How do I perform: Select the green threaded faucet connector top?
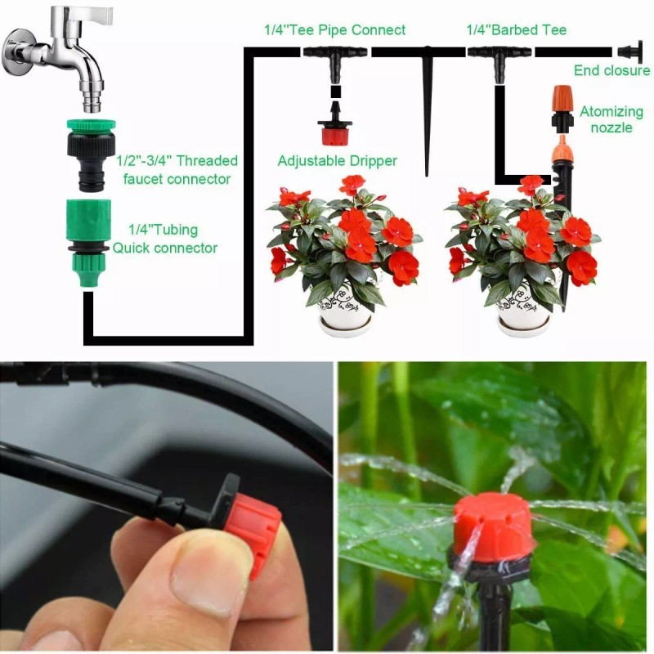[90, 128]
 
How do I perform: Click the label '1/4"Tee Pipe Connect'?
[334, 30]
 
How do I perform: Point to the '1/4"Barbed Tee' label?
[516, 30]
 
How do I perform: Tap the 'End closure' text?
[611, 70]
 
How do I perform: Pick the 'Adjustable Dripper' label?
[338, 161]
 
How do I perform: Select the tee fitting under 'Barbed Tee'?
[499, 54]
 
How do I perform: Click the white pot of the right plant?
[523, 311]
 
